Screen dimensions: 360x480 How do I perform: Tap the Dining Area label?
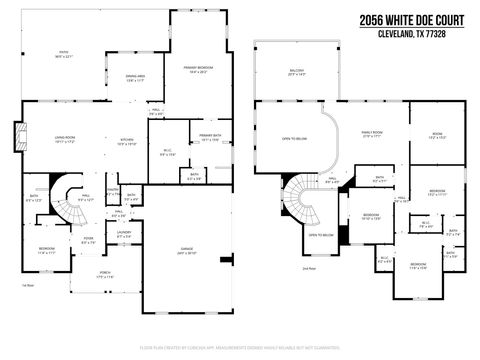point(137,80)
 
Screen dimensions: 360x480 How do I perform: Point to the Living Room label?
point(51,141)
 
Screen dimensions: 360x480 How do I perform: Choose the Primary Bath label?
point(210,137)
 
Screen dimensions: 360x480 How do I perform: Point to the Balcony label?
point(296,72)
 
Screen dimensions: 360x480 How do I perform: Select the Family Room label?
point(370,134)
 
